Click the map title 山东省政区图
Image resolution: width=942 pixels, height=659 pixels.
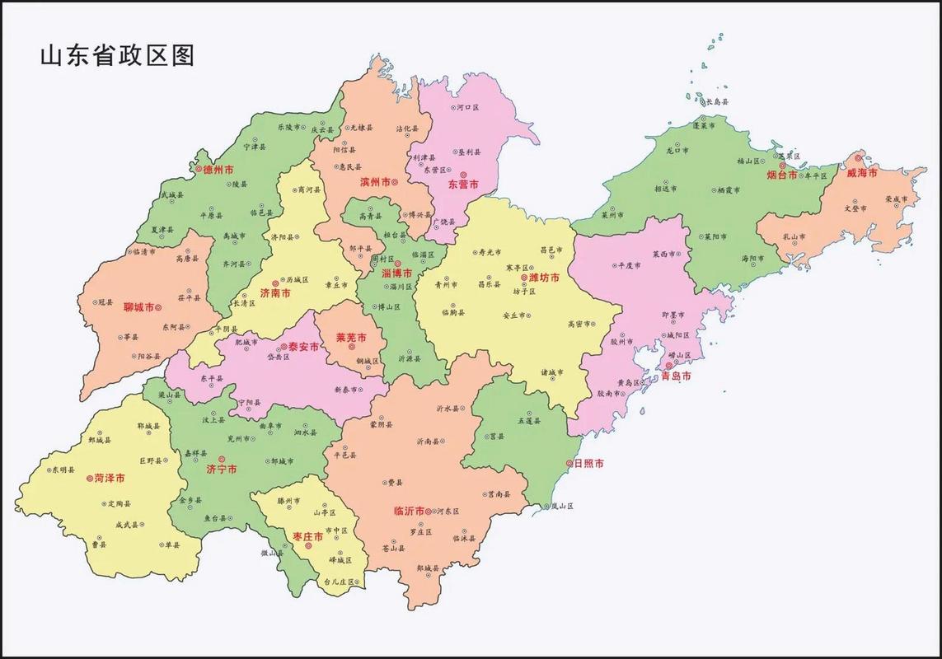point(116,55)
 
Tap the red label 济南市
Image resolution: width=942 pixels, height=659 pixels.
point(274,293)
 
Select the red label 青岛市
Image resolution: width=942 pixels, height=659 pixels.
point(676,376)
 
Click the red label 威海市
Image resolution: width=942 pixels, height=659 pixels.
point(861,173)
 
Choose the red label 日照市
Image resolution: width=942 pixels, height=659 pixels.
point(588,464)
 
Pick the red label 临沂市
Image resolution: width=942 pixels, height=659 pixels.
point(409,512)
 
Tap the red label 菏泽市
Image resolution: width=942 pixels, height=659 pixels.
point(110,478)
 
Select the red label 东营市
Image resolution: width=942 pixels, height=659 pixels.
point(463,185)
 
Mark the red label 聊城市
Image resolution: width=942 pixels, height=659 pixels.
point(138,307)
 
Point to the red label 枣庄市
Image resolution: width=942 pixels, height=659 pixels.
point(307,537)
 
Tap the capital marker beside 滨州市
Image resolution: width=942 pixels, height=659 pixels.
point(395,181)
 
